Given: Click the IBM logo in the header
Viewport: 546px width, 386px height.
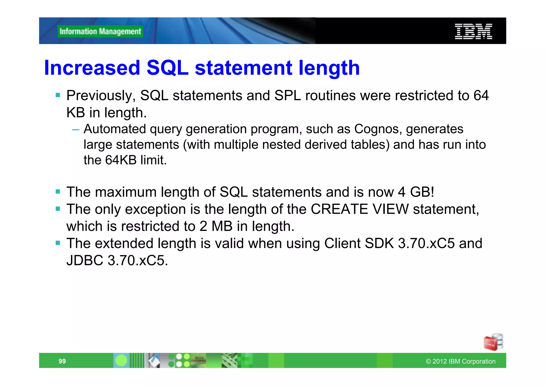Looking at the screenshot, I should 473,31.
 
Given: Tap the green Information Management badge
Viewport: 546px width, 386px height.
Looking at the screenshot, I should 100,31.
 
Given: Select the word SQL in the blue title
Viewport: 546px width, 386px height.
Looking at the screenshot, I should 167,68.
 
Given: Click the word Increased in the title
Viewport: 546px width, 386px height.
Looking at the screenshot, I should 92,68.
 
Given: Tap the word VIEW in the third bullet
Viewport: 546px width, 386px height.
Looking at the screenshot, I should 391,209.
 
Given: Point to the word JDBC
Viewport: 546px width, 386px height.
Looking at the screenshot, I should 85,260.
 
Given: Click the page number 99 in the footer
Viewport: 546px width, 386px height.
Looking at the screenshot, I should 62,361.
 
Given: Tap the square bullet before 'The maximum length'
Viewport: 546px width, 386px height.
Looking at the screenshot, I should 58,192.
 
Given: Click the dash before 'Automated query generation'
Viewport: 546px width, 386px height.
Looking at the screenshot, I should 76,130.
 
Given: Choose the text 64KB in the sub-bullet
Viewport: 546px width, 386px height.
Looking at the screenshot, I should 121,160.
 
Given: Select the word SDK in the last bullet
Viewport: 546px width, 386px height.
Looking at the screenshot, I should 379,243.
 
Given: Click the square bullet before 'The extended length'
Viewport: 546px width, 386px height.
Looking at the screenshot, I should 58,243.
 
